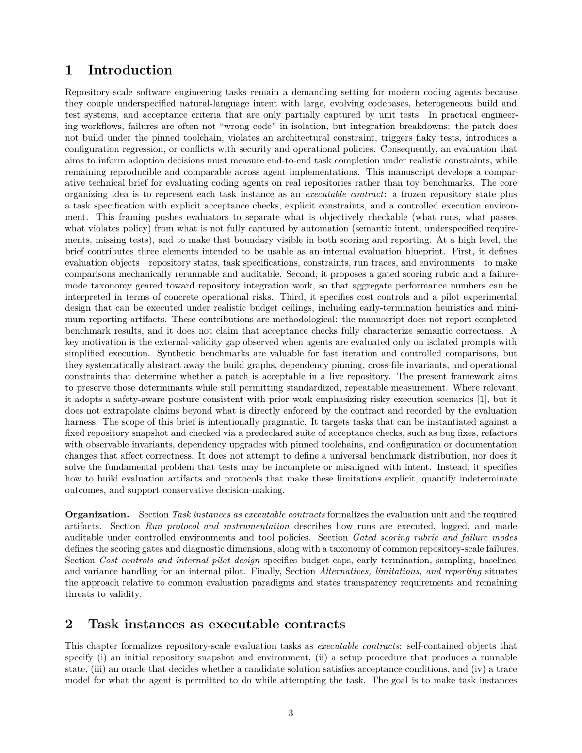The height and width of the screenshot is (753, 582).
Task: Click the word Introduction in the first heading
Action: click(x=129, y=70)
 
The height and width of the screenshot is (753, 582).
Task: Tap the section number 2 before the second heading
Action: click(x=69, y=624)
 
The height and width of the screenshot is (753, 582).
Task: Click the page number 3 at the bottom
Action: click(x=291, y=713)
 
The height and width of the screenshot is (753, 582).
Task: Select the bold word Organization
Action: click(x=97, y=514)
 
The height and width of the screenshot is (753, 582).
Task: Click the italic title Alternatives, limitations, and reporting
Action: click(x=400, y=571)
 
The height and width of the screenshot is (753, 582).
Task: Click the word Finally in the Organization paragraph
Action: click(x=266, y=571)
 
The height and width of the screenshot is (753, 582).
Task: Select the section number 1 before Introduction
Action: click(x=69, y=70)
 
